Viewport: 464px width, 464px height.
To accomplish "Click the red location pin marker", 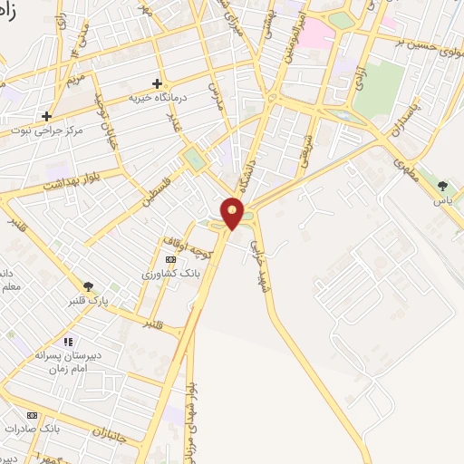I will (x=234, y=214).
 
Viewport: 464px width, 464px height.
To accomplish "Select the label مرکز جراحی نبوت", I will (x=72, y=130).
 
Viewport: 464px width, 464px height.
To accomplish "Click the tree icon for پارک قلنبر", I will (x=88, y=286).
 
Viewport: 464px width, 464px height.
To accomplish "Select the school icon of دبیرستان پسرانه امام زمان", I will (x=67, y=342).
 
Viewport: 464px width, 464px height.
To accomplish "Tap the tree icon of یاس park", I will (x=442, y=186).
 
